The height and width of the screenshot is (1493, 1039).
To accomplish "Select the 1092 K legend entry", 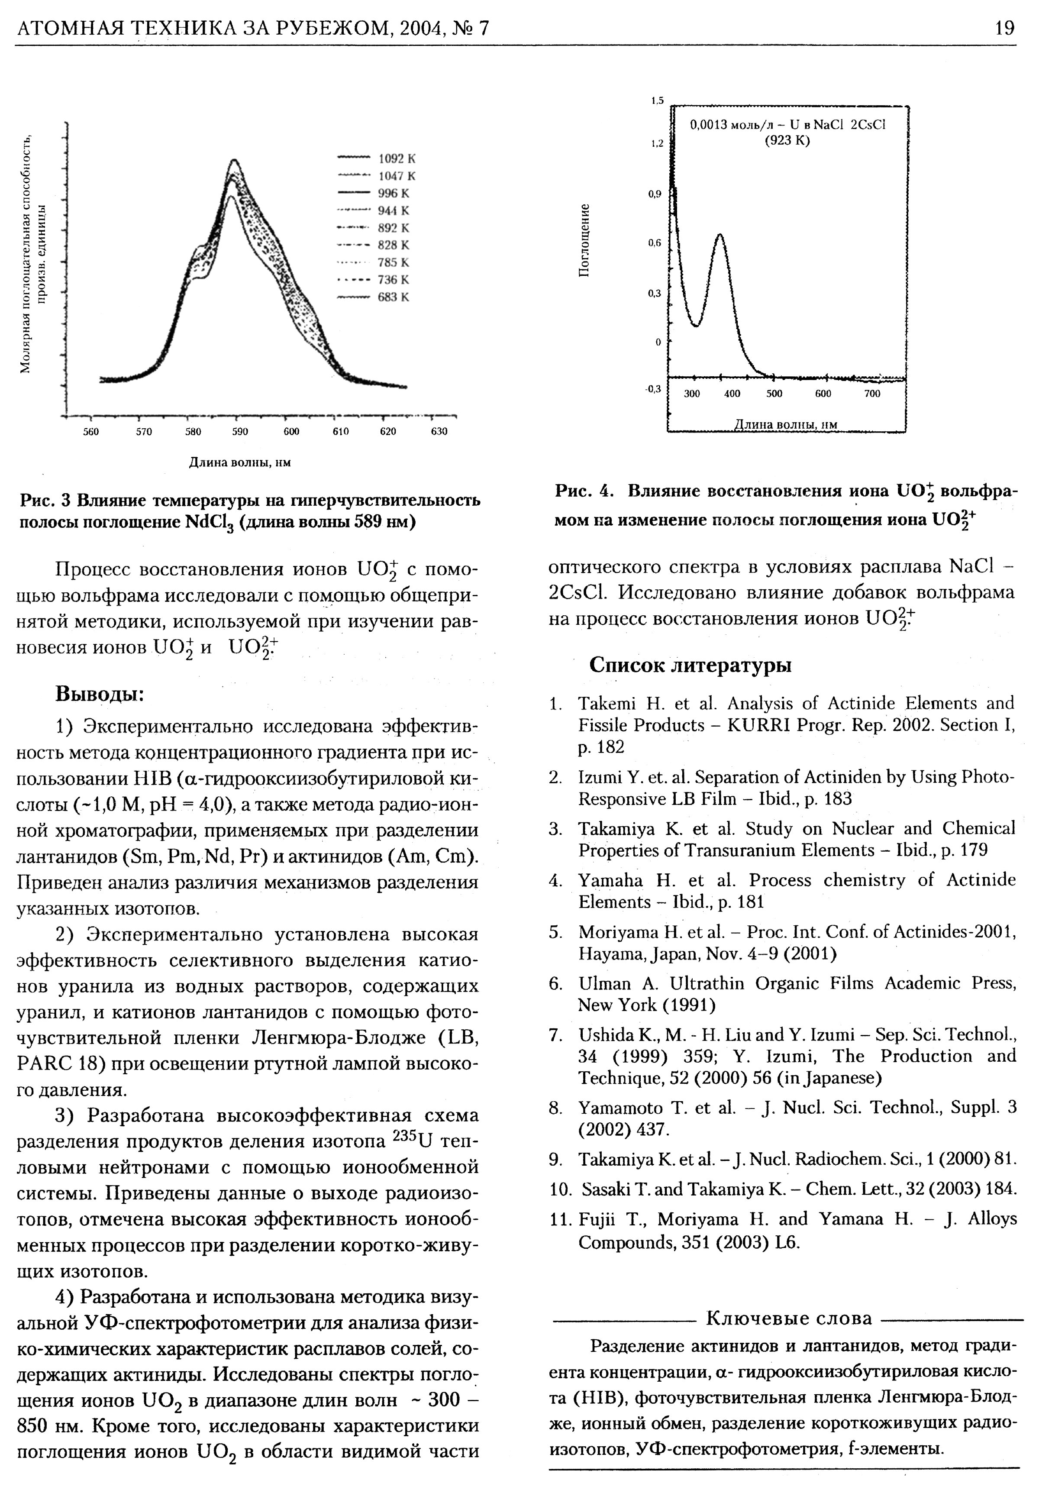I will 397,158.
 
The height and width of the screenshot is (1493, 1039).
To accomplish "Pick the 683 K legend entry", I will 394,297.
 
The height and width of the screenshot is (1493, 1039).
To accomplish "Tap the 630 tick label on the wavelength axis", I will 439,431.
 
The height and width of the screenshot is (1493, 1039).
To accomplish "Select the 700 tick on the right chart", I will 872,394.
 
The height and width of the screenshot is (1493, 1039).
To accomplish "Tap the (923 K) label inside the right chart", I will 787,141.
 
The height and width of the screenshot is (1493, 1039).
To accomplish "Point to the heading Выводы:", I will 100,694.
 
